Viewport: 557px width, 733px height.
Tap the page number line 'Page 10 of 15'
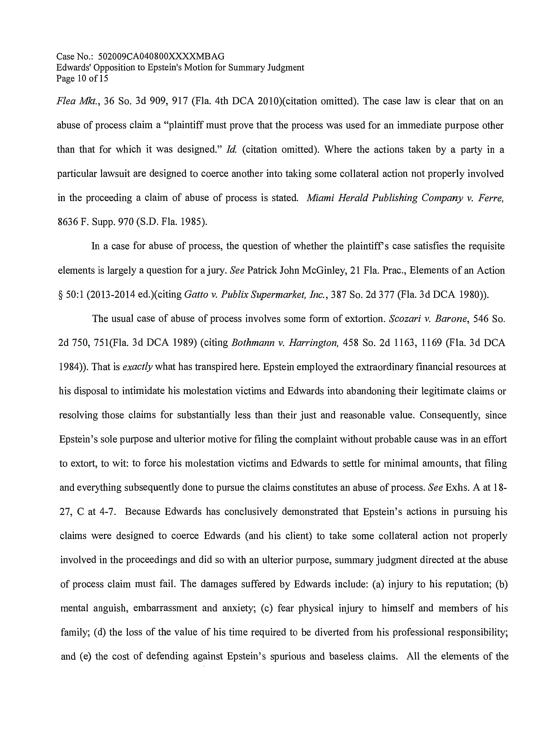coord(82,79)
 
